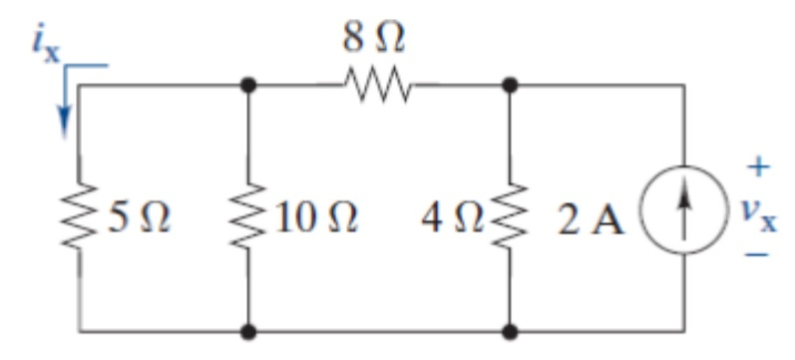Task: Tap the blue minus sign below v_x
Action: pyautogui.click(x=760, y=257)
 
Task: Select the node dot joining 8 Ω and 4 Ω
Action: pyautogui.click(x=511, y=87)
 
